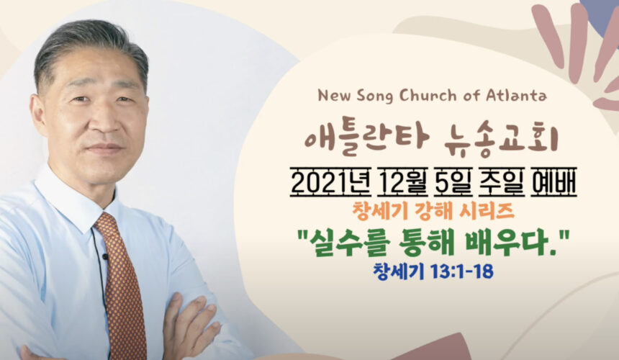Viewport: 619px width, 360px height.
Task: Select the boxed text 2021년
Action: pyautogui.click(x=330, y=184)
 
